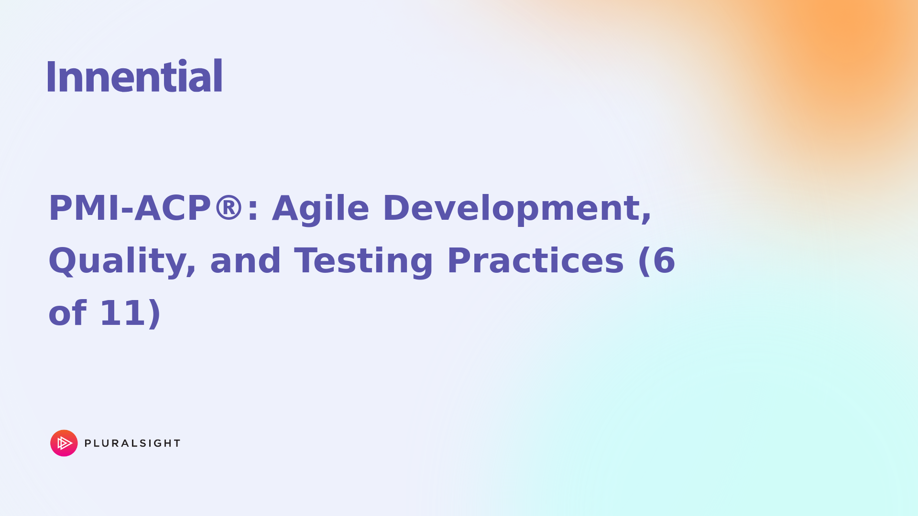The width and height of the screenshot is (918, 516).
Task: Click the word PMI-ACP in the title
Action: (x=129, y=209)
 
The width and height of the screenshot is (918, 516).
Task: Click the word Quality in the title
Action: (x=122, y=262)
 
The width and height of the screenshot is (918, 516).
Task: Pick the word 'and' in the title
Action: (x=245, y=261)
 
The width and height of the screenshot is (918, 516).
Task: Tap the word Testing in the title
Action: (x=363, y=262)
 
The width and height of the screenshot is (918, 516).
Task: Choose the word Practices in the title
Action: (x=535, y=261)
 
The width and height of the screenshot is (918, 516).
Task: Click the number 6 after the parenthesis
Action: (x=664, y=261)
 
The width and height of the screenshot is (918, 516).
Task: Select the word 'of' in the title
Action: (x=67, y=313)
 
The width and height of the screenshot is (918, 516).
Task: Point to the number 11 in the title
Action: (x=122, y=313)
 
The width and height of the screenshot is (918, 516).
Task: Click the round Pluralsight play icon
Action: (x=64, y=443)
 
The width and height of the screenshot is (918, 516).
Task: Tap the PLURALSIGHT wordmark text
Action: (x=132, y=443)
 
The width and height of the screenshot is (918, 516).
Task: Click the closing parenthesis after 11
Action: (x=155, y=314)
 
